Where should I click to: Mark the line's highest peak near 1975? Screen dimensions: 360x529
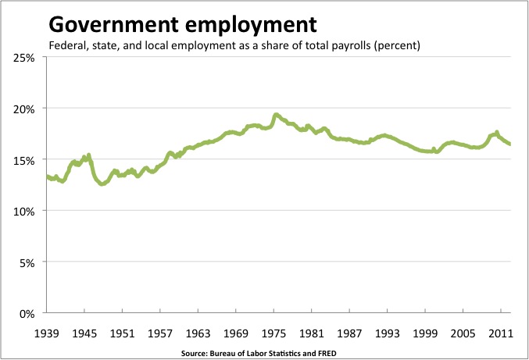click(x=276, y=115)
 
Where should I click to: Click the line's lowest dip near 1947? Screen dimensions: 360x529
click(x=102, y=184)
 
